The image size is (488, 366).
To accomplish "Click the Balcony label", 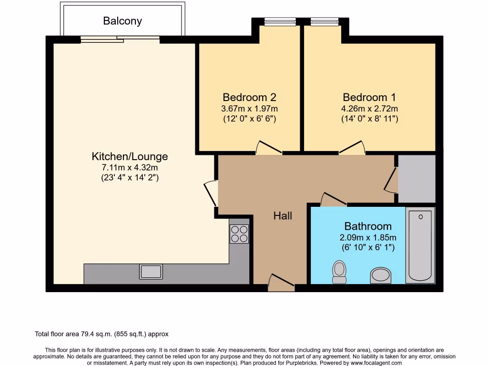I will coord(122,21).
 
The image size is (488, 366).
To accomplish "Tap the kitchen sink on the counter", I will coord(151,271).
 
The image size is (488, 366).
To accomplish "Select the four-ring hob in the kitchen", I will coord(239,234).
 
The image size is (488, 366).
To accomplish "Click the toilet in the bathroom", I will coord(339,271).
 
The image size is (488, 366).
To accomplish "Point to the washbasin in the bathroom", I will coord(380,275).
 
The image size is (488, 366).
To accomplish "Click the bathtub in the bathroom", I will coord(420,245).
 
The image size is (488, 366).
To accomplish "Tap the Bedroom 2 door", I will coord(269,148).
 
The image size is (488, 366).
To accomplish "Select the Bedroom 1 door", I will coord(352,148).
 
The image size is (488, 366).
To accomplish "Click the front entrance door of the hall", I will coord(281,283).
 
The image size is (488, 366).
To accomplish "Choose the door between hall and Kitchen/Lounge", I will coord(210,193).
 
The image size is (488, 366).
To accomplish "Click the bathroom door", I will coord(334,200).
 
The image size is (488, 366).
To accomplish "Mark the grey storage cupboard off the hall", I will coord(417,178).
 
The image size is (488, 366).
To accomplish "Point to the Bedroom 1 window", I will coord(325,21).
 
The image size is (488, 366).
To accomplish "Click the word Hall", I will coord(283,216).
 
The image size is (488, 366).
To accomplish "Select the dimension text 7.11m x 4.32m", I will coord(130,168).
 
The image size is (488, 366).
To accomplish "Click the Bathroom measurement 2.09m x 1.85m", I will coord(368,238).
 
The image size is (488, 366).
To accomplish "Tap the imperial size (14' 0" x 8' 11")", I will coord(369,119).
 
